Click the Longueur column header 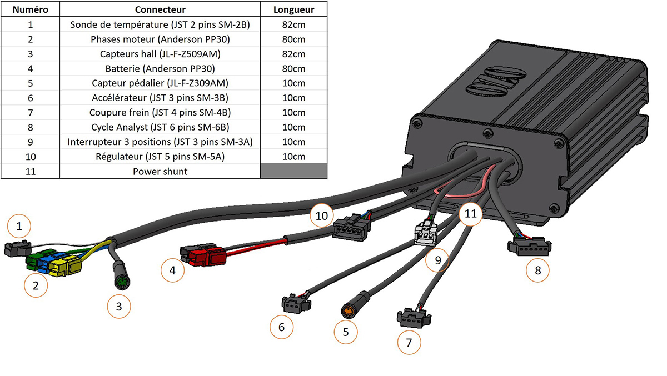(x=294, y=9)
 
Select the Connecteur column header (x=160, y=9)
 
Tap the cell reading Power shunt (x=160, y=171)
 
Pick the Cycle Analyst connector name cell (x=160, y=127)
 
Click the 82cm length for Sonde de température (x=294, y=24)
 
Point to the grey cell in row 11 (x=294, y=171)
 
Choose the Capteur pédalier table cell (x=160, y=83)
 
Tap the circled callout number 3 (x=119, y=304)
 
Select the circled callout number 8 (x=537, y=270)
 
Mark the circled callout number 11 (x=471, y=214)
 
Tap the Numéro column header (x=30, y=9)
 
